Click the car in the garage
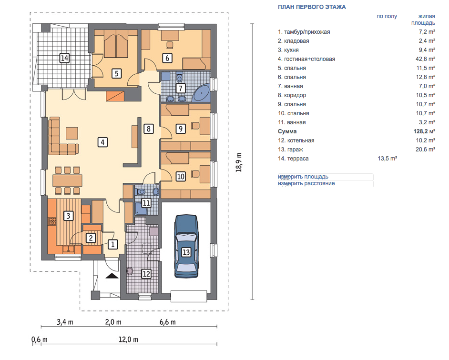pos(186,246)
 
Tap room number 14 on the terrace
pos(64,58)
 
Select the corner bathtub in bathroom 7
pos(201,92)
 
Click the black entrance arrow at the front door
pos(112,276)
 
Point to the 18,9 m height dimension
pos(238,162)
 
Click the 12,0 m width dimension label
pos(128,340)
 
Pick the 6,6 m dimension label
pos(168,322)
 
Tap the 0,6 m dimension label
pos(40,340)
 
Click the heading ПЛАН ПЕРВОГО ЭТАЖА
pos(312,7)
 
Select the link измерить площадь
pos(303,177)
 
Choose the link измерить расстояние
pos(306,183)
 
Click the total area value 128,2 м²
pos(424,131)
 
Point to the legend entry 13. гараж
pos(290,150)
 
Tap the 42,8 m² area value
pos(426,59)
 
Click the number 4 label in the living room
pos(102,142)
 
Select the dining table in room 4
pos(67,180)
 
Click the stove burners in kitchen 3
pos(52,221)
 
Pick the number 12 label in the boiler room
pos(146,274)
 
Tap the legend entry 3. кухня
pos(288,50)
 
